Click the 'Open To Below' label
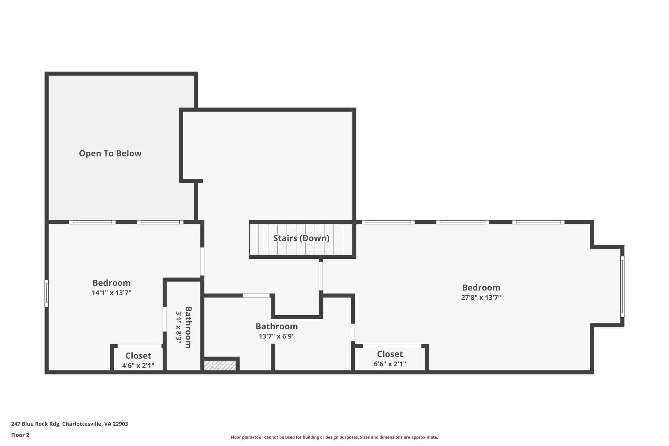[110, 153]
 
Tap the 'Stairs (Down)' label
[301, 238]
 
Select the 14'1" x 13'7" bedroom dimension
[111, 293]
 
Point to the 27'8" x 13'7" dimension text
[481, 298]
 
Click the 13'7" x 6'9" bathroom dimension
[277, 336]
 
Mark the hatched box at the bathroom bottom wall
[220, 365]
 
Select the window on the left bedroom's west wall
[47, 293]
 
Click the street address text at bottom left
[70, 424]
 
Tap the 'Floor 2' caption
[20, 435]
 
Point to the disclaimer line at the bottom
[334, 437]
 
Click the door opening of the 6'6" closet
[392, 346]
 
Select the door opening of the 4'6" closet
[139, 346]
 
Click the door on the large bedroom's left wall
[321, 276]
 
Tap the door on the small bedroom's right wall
[202, 261]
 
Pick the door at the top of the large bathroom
[256, 295]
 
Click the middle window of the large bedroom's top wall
[463, 222]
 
